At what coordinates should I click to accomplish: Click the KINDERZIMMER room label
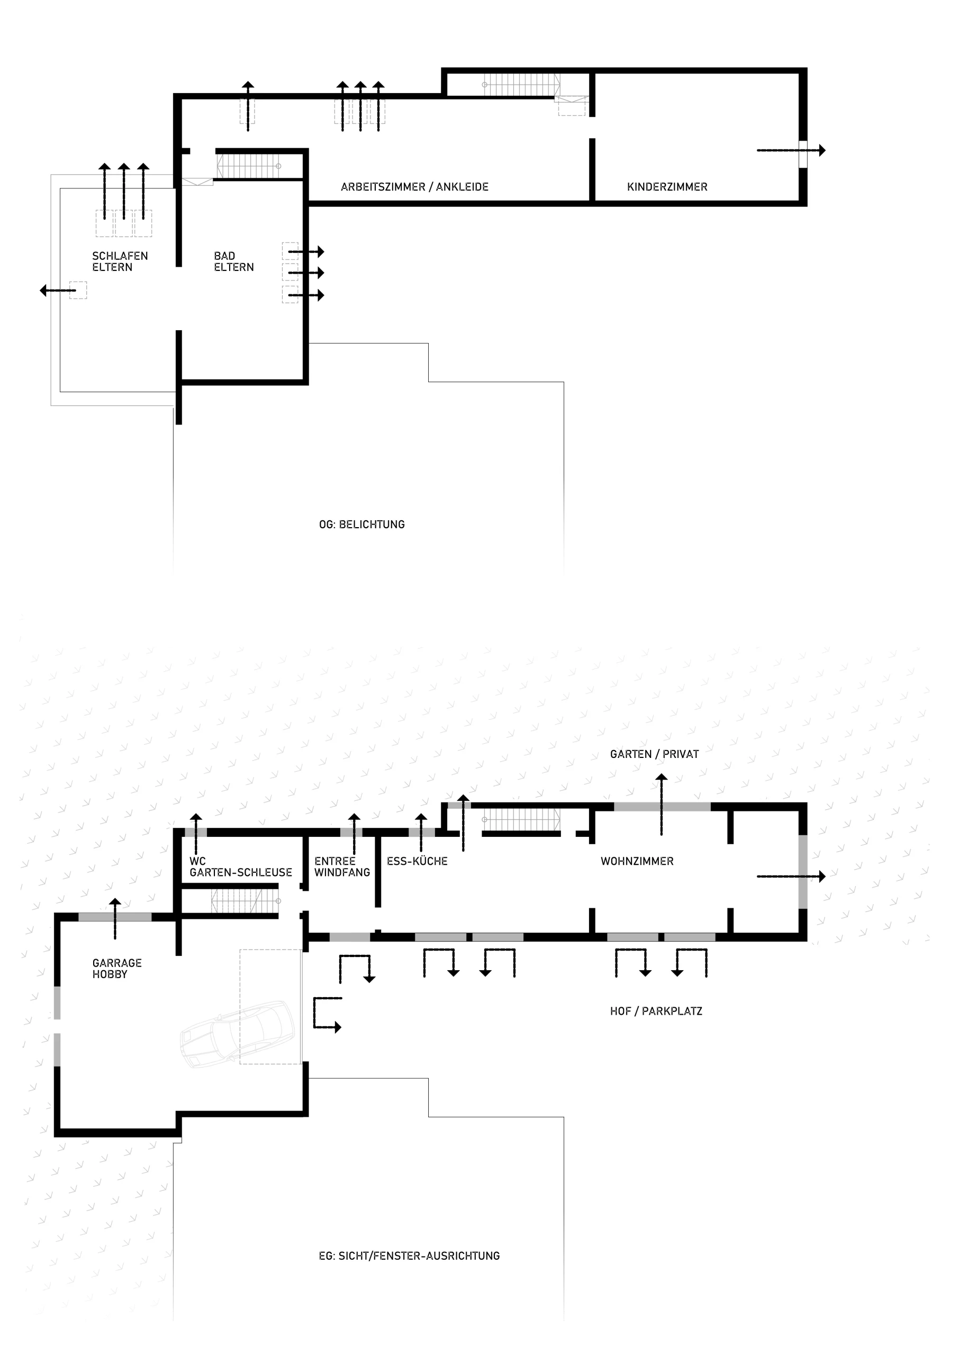[x=667, y=187]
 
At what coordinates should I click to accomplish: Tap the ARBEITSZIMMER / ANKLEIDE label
[x=415, y=187]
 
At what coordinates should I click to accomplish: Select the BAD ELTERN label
[x=234, y=261]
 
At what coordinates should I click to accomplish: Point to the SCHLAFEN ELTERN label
[x=120, y=261]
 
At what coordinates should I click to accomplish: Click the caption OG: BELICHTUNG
[x=362, y=525]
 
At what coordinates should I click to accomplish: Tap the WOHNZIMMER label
[x=637, y=862]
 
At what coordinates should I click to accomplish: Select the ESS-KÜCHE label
[x=417, y=861]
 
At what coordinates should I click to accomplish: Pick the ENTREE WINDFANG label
[x=342, y=867]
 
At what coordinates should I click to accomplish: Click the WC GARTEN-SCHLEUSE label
[x=241, y=867]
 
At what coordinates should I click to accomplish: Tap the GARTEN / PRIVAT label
[x=655, y=754]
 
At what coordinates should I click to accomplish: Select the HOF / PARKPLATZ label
[x=656, y=1011]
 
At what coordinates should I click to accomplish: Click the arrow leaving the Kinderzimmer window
[x=791, y=150]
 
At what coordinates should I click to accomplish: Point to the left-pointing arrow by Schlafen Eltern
[x=58, y=291]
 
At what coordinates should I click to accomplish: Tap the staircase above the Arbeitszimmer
[x=522, y=84]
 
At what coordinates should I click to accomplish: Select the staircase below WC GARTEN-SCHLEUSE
[x=245, y=901]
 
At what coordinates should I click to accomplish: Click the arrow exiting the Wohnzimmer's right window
[x=791, y=877]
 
